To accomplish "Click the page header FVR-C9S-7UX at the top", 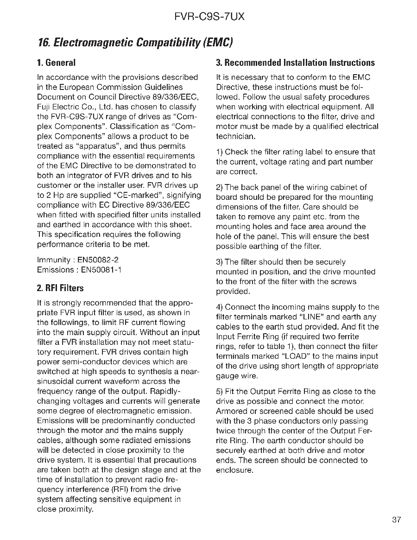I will coord(209,17).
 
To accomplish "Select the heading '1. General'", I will coord(56,63).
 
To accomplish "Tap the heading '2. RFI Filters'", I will coord(60,288).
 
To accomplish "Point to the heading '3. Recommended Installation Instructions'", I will coord(296,63).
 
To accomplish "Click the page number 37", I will coord(396,520).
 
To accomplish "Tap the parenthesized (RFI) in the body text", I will coord(119,489).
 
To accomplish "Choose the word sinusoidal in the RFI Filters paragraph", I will coord(55,381).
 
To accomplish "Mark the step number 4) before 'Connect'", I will coord(220,307).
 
